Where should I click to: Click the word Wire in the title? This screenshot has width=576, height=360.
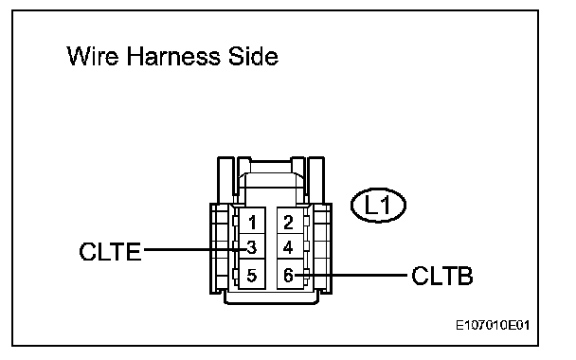click(x=93, y=56)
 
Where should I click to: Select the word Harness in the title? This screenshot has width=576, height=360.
click(x=173, y=56)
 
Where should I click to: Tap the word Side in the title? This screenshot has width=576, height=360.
click(x=253, y=56)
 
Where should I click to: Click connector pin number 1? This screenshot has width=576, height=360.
click(x=252, y=223)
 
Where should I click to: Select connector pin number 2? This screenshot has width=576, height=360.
click(x=288, y=223)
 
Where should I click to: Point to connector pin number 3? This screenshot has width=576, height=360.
click(x=252, y=247)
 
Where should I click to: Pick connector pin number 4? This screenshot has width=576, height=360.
click(x=288, y=247)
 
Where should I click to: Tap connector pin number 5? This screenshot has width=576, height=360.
click(x=252, y=275)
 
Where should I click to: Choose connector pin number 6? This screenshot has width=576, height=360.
click(x=288, y=275)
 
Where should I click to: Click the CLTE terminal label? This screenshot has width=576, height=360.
click(x=110, y=252)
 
